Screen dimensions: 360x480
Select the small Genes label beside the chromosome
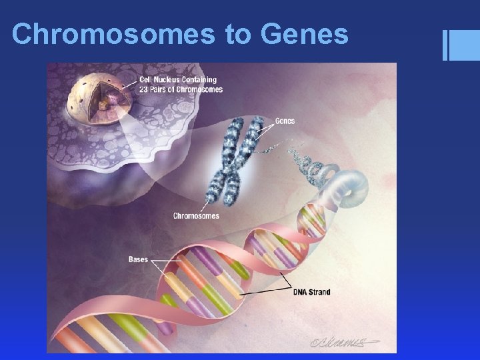click(x=285, y=121)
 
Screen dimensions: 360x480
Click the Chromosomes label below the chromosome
click(x=196, y=216)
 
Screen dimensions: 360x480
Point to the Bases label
click(x=138, y=259)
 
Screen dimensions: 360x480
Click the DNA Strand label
click(x=312, y=292)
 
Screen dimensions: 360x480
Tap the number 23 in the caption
click(x=144, y=89)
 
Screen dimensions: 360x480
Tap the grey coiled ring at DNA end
click(x=350, y=187)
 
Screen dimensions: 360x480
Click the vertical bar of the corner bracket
click(x=445, y=46)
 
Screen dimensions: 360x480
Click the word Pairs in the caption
click(x=162, y=89)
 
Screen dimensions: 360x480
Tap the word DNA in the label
click(x=300, y=292)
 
